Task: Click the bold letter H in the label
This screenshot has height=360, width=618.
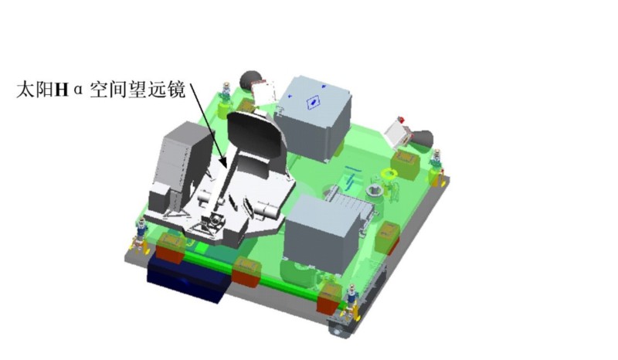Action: click(x=61, y=90)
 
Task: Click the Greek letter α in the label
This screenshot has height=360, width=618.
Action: click(x=79, y=90)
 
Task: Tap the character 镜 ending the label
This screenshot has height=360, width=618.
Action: click(x=176, y=90)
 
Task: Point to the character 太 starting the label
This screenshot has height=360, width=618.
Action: click(x=25, y=90)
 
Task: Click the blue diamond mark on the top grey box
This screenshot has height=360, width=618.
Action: click(x=313, y=102)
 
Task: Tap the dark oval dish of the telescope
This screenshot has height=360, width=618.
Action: click(x=256, y=138)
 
